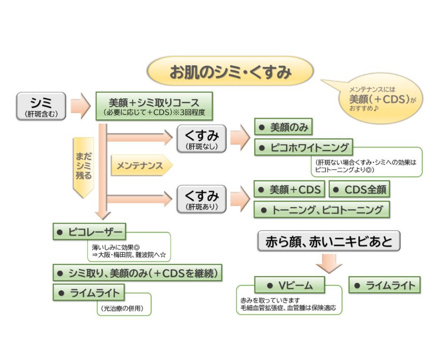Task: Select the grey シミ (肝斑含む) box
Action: [x=41, y=106]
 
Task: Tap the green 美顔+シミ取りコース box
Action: [x=154, y=106]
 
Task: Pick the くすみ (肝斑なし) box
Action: [x=201, y=139]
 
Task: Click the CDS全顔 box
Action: [x=359, y=190]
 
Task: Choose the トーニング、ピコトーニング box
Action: [x=321, y=209]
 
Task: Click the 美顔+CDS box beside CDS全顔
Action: [x=289, y=190]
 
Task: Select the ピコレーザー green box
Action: [x=89, y=232]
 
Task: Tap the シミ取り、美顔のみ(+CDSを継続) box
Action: [x=138, y=272]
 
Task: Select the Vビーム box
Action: [x=289, y=285]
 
